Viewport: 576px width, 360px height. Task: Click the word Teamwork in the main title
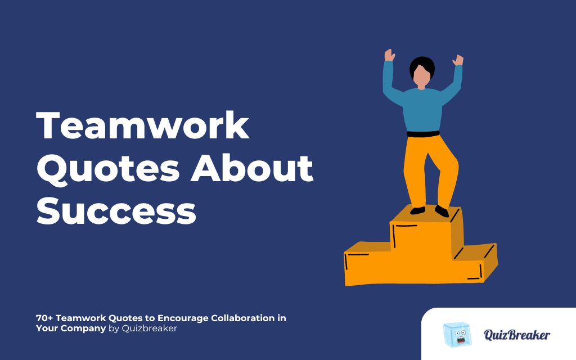[x=143, y=126]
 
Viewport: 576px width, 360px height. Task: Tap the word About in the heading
[x=251, y=169]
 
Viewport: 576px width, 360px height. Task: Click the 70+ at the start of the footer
[x=44, y=318]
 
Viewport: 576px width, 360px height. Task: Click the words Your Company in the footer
[x=70, y=328]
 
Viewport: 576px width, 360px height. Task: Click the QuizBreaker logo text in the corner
[x=517, y=335]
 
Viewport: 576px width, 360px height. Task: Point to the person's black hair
[x=422, y=65]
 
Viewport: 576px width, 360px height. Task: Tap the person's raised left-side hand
[x=389, y=56]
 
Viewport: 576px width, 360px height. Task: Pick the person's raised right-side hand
[x=458, y=60]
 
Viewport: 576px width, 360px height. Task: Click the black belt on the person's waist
[x=422, y=134]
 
